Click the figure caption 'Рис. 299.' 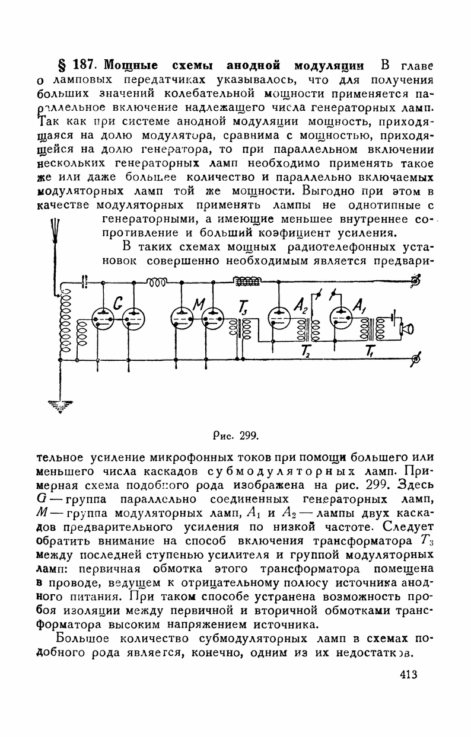point(235,436)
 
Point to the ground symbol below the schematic point(61,405)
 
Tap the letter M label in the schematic point(198,305)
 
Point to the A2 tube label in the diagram point(301,305)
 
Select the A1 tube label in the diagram point(359,305)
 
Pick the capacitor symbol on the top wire point(84,282)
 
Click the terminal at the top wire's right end point(416,282)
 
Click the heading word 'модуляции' point(330,65)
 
